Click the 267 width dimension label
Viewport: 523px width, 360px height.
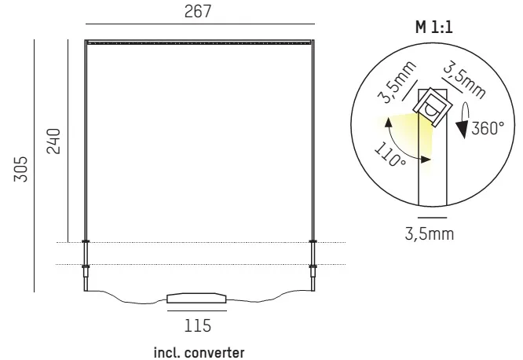click(198, 11)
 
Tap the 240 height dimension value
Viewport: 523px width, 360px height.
click(54, 141)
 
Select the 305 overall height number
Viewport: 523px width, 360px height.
click(20, 169)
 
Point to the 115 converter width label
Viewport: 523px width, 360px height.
click(198, 325)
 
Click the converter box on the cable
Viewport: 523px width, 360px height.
click(196, 298)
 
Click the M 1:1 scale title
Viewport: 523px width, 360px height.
click(434, 27)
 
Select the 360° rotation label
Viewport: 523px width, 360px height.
click(488, 128)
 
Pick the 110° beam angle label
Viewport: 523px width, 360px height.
click(390, 154)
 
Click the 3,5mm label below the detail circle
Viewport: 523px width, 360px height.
click(430, 233)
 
